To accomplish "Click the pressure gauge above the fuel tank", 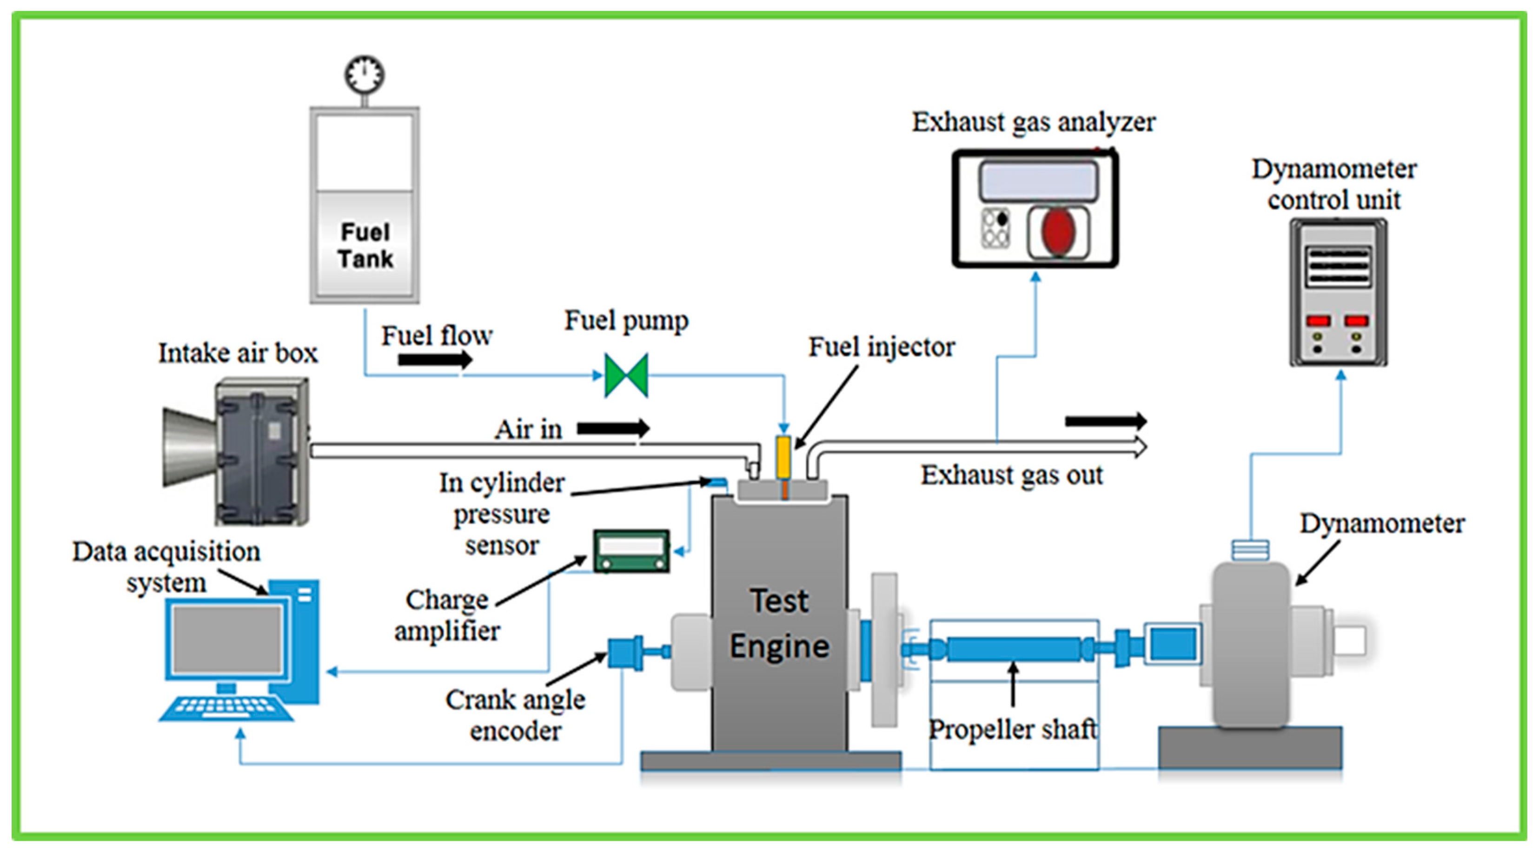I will coord(365,74).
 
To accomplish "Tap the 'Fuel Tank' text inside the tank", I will coord(365,245).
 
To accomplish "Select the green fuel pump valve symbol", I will coord(626,376).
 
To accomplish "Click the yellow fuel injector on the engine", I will coord(783,457).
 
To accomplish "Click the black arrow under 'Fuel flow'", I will coord(435,360).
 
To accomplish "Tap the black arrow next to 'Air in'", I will coord(613,428).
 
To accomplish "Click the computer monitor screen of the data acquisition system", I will coord(227,640).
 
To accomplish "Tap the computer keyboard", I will coord(226,708).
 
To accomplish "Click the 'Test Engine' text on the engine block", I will coord(779,623).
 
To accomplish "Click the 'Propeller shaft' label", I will coord(1013,729).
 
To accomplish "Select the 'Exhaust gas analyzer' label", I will coord(1034,122).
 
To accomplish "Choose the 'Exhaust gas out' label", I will coord(1011,475).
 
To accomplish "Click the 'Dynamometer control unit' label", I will coord(1333,184).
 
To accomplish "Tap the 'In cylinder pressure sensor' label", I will coord(502,514).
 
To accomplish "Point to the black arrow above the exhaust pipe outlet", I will coord(1105,421).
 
